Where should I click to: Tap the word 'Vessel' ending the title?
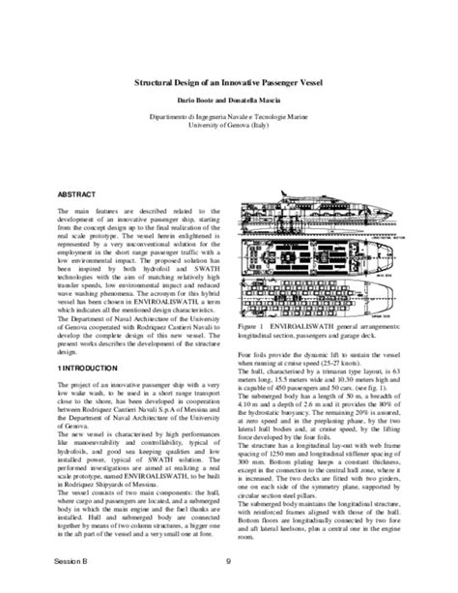pyautogui.click(x=309, y=83)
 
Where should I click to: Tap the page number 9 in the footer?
pyautogui.click(x=228, y=560)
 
